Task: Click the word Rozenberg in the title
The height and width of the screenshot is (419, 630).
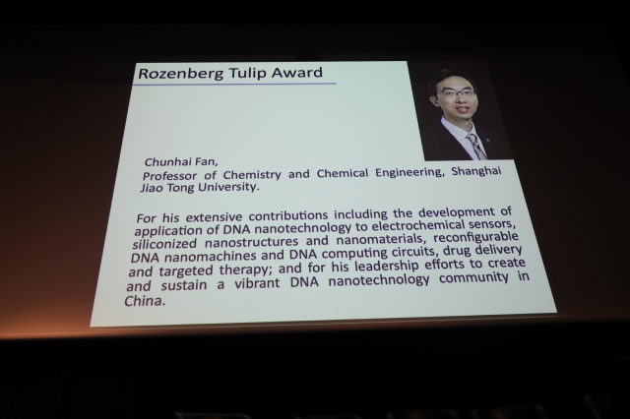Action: coord(180,74)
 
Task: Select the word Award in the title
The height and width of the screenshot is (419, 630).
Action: coord(297,72)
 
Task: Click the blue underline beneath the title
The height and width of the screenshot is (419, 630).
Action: coord(234,85)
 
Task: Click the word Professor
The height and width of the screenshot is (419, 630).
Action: coord(169,176)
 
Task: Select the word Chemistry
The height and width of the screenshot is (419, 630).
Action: coord(252,175)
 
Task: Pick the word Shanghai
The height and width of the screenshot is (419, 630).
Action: coord(476,171)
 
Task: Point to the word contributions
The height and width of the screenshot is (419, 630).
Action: coord(287,215)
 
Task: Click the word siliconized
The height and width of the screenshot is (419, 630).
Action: coord(164,243)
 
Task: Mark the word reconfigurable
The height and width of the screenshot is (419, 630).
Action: coord(475,238)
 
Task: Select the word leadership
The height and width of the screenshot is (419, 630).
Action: coord(387,266)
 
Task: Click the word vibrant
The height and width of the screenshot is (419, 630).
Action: coord(257,283)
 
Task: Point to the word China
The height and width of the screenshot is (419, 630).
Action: coord(145,301)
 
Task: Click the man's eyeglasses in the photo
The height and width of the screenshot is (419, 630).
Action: coord(456,93)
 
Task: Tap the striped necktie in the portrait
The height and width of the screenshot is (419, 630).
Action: coord(476,147)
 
